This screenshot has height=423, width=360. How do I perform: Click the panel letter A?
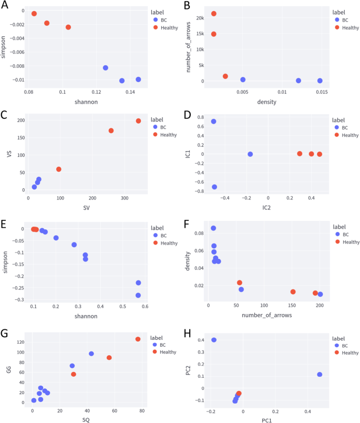5,5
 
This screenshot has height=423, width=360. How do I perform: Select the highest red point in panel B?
214,14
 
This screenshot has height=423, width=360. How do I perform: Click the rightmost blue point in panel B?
320,80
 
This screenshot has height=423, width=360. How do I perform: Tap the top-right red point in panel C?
139,121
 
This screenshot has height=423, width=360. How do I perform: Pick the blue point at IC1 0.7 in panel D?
214,122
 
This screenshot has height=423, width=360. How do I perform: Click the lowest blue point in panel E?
138,295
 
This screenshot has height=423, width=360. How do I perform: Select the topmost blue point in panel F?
213,228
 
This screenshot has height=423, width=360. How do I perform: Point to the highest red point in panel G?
138,339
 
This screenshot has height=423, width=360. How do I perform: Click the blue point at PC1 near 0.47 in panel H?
320,375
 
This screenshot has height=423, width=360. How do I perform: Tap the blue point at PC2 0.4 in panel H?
214,340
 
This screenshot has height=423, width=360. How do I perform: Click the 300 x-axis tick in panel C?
125,198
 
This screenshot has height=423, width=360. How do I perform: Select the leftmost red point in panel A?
34,14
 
